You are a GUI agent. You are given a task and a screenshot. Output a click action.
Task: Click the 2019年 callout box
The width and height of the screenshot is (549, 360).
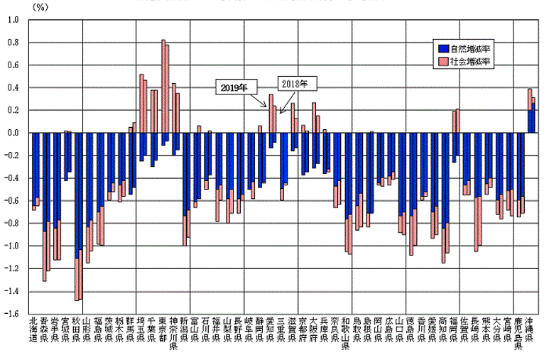click(234, 88)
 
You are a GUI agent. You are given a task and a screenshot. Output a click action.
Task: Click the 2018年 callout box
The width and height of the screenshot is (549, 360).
click(293, 83)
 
